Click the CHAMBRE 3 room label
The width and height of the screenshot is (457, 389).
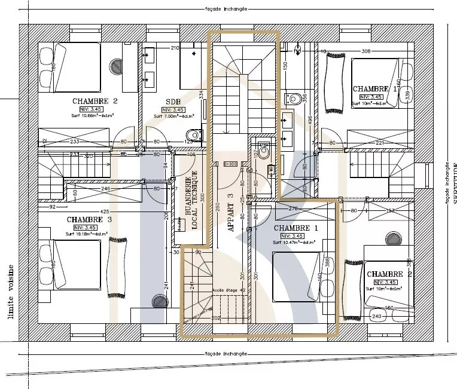pos(90,219)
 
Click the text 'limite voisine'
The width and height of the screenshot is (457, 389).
pos(10,292)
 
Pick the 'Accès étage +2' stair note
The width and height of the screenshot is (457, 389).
pos(226,289)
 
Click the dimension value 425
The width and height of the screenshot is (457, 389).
pos(104,211)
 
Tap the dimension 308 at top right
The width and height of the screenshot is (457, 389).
pos(367,51)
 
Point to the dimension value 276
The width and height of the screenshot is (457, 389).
pos(293,209)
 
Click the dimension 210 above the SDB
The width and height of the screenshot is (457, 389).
pos(175,48)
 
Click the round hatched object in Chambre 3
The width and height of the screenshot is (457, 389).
pos(159,301)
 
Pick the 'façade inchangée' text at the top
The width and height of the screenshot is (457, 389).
pos(228,10)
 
